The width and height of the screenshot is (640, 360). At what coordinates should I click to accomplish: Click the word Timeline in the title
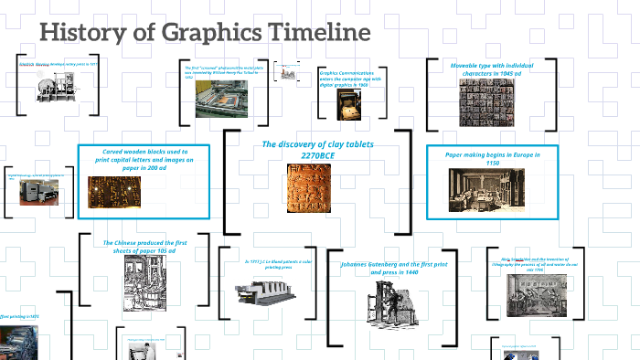pos(319,33)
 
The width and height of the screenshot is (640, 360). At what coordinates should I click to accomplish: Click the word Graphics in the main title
pos(209,34)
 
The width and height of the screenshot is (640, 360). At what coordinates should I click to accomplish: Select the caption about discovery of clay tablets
pos(305,150)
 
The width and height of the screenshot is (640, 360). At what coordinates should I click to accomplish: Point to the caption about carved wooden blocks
pos(144,159)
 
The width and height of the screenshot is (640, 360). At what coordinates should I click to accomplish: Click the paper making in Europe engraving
pos(485,189)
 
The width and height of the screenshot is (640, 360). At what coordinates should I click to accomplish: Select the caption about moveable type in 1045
pos(492,69)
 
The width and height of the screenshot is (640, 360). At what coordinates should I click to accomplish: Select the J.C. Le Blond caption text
pos(272,263)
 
